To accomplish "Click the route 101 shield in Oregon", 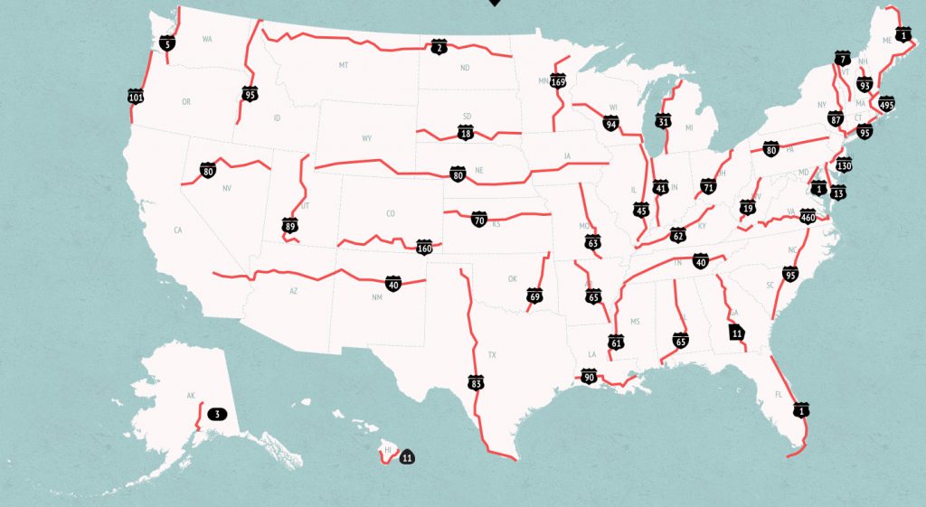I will coord(136,96).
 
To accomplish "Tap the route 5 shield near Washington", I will coord(166,42).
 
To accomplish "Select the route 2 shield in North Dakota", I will coord(439,47).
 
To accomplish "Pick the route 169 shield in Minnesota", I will coord(558,82).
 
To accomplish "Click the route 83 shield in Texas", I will coord(476,383).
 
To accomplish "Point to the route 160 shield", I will coord(424,247).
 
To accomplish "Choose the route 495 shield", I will coord(886,104).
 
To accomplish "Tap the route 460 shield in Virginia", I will coord(808,216).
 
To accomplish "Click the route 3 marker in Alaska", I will coord(216,415).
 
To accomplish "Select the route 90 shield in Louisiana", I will coord(589,378).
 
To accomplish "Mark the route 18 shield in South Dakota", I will coord(466,134).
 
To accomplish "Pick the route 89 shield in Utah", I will coord(289,224).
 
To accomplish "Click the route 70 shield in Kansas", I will coord(479,220).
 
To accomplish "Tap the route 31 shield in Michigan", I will coord(664,121).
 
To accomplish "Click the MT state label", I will coord(344,65).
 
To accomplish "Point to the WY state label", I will coord(366,138).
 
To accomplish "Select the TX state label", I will coord(492,355).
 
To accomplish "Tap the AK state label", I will coord(191,396).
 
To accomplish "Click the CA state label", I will coord(178,231).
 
